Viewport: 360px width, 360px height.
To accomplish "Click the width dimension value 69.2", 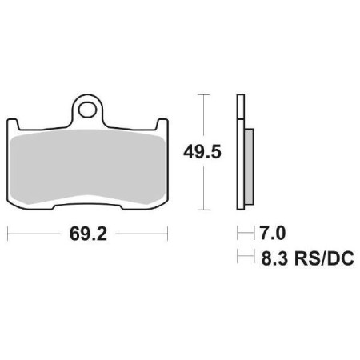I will click(x=86, y=236).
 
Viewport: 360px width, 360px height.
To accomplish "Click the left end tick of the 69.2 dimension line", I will click(x=7, y=235).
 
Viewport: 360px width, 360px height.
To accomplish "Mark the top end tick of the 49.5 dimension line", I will click(x=206, y=95).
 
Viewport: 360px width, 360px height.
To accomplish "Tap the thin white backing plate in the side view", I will click(x=239, y=152).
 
